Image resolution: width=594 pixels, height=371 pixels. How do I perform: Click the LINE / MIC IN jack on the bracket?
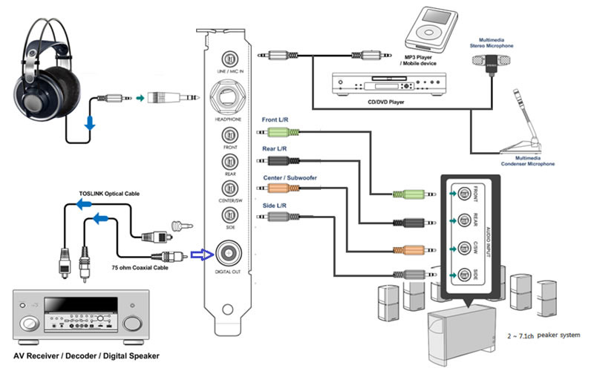229,58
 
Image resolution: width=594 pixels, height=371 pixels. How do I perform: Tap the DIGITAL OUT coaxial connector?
229,255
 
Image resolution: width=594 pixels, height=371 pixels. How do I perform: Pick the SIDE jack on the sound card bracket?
229,216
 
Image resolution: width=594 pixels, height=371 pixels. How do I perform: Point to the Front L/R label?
278,119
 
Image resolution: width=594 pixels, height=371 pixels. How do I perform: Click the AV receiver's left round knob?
30,324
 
